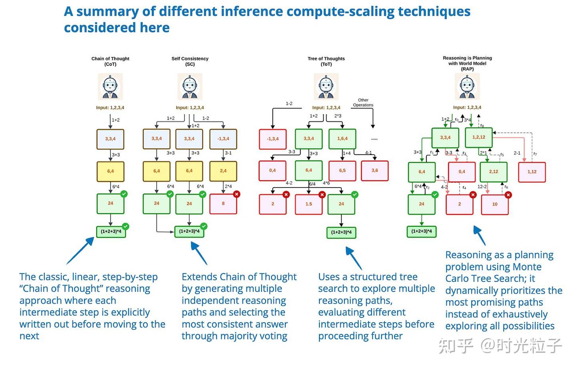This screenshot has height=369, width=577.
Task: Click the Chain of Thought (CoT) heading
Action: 110,61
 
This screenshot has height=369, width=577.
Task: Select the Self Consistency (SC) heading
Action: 190,61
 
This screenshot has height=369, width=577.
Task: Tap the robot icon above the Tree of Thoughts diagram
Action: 326,86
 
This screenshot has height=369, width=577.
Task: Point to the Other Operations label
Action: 363,103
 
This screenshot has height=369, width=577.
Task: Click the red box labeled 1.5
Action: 309,204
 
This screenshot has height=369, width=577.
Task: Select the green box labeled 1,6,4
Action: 342,139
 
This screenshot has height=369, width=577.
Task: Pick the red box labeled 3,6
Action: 375,171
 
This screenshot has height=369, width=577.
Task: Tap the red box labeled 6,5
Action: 342,171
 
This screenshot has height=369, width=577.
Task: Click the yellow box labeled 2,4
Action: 223,171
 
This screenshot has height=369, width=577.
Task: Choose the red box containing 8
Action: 223,204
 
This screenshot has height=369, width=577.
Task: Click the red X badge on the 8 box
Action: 236,194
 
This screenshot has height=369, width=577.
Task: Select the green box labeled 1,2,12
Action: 478,137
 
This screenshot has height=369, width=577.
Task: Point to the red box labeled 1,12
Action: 532,172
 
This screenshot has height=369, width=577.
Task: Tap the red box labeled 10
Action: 494,204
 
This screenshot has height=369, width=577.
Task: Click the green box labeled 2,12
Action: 493,172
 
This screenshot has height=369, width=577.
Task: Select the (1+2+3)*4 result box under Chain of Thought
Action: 111,232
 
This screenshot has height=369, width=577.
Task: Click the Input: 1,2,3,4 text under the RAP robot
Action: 467,107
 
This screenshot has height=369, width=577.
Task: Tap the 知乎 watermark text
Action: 456,345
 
